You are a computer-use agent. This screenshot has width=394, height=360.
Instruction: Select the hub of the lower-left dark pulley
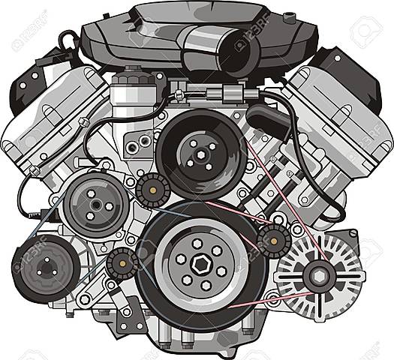[x=46, y=267]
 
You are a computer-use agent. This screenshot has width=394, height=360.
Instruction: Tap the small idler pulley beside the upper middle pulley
[x=152, y=187]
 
